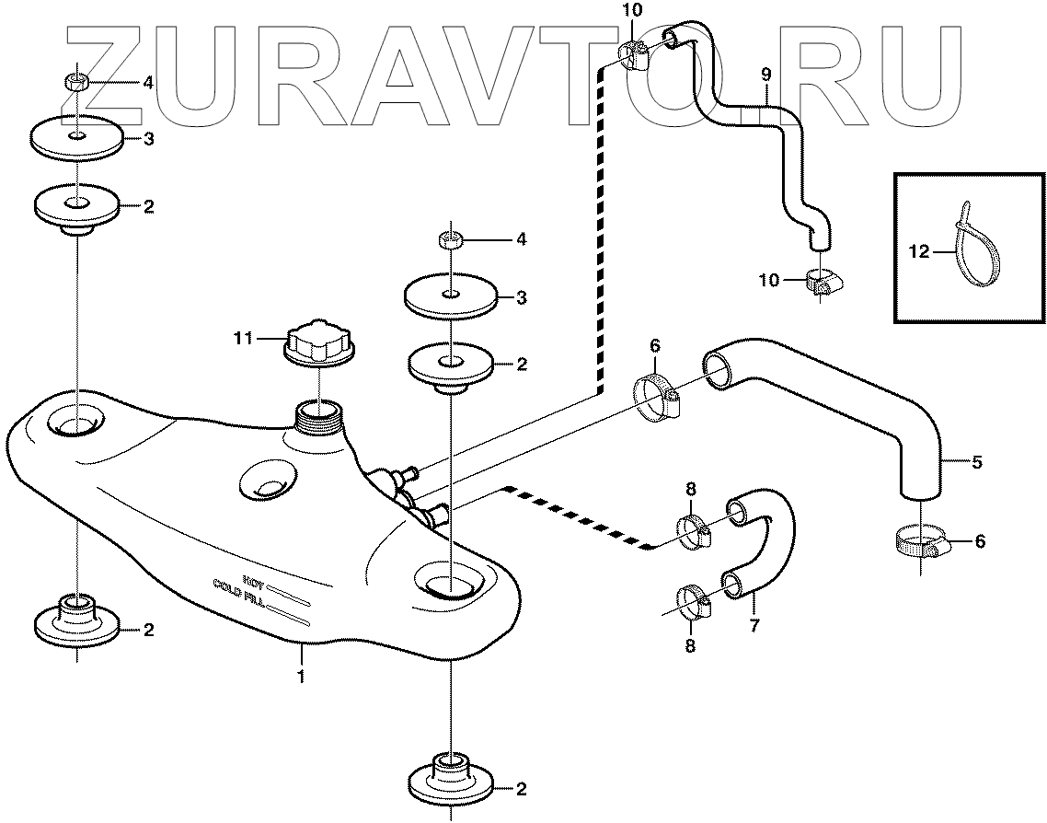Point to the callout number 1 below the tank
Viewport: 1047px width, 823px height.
pyautogui.click(x=301, y=676)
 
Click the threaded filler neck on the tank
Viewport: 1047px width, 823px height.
pyautogui.click(x=318, y=418)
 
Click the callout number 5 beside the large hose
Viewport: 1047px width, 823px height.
pyautogui.click(x=977, y=463)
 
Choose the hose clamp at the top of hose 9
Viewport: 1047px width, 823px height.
pyautogui.click(x=631, y=55)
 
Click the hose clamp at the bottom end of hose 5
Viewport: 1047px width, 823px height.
pyautogui.click(x=918, y=543)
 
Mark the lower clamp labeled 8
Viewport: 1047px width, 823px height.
pyautogui.click(x=696, y=600)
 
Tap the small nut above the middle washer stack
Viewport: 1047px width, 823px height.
pyautogui.click(x=449, y=240)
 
